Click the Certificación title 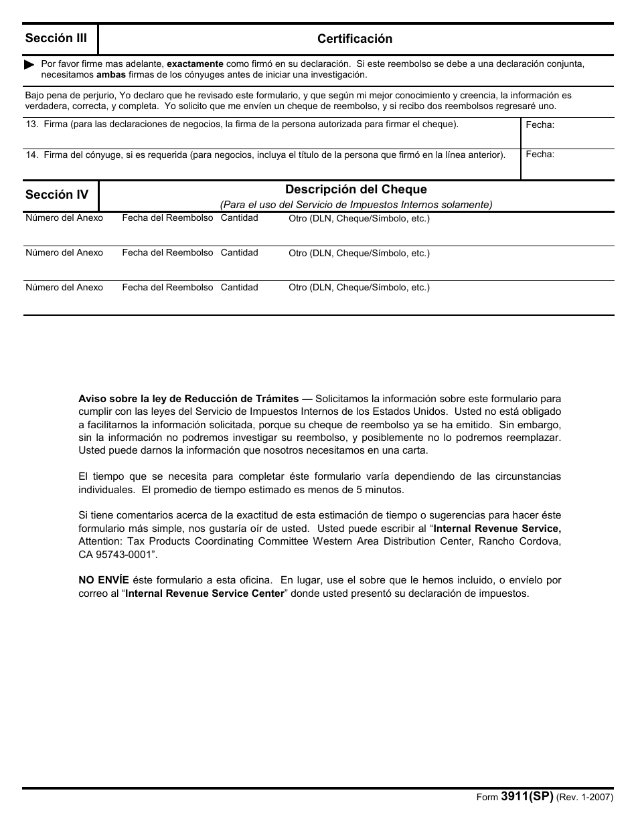click(x=355, y=39)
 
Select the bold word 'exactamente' click(x=195, y=64)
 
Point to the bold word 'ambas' click(x=110, y=74)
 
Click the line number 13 click(x=31, y=124)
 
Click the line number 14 click(x=31, y=155)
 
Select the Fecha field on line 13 click(x=567, y=132)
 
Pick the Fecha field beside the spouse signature click(x=567, y=163)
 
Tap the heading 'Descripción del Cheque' click(x=355, y=189)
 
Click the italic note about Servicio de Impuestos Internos click(x=355, y=205)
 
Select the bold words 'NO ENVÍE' click(x=104, y=580)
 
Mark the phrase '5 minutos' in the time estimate click(x=380, y=489)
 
